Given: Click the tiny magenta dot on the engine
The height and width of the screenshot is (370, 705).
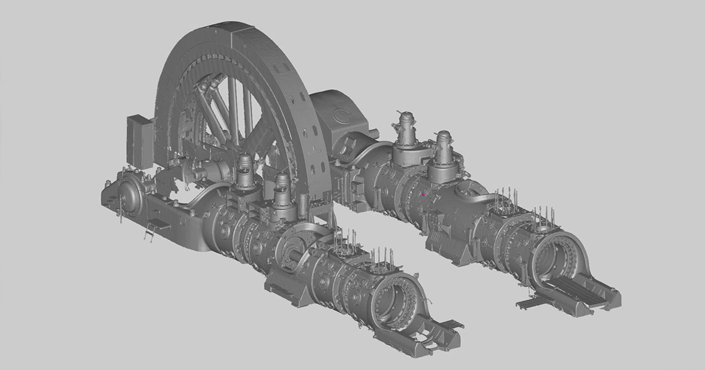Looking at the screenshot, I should click(424, 194).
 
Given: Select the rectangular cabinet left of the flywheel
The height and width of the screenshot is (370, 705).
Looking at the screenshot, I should click(140, 138).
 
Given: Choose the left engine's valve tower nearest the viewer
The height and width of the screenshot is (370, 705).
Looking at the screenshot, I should click(281, 191).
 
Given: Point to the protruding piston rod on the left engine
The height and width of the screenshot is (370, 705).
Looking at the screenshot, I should click(292, 255).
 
